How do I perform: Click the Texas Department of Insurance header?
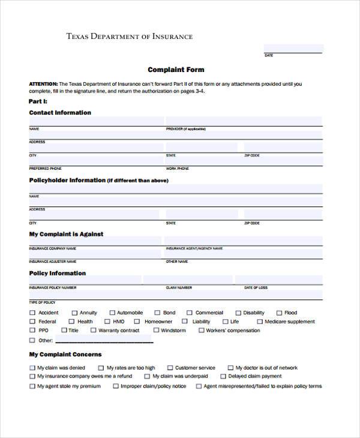pyautogui.click(x=129, y=37)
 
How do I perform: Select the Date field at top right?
pyautogui.click(x=293, y=48)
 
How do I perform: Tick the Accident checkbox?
pyautogui.click(x=32, y=313)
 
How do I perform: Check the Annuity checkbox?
pyautogui.click(x=74, y=313)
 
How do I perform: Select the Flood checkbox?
pyautogui.click(x=278, y=313)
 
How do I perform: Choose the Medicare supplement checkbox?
pyautogui.click(x=259, y=322)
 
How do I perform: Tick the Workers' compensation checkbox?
pyautogui.click(x=201, y=330)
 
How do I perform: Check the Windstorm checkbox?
pyautogui.click(x=156, y=330)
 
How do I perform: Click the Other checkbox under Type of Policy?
pyautogui.click(x=32, y=340)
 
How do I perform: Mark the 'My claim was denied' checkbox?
pyautogui.click(x=32, y=368)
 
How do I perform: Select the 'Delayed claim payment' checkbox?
pyautogui.click(x=223, y=376)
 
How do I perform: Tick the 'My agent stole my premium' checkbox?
pyautogui.click(x=32, y=386)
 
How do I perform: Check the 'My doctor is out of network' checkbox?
pyautogui.click(x=230, y=368)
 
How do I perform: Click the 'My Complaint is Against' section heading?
pyautogui.click(x=66, y=234)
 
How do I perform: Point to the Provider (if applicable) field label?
pyautogui.click(x=185, y=129)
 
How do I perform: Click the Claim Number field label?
pyautogui.click(x=178, y=288)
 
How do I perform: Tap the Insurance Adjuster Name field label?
pyautogui.click(x=52, y=262)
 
